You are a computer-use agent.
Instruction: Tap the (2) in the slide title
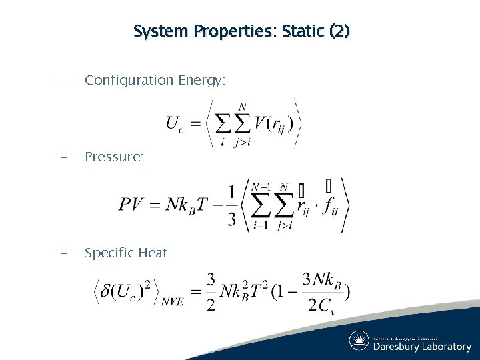[x=337, y=31]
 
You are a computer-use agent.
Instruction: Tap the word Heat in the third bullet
[x=153, y=253]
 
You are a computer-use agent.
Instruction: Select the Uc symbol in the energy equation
[x=173, y=124]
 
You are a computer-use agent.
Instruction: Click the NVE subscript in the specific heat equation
[x=171, y=302]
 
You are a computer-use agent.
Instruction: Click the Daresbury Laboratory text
[x=421, y=347]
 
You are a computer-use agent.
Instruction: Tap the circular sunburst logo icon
[x=359, y=341]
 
